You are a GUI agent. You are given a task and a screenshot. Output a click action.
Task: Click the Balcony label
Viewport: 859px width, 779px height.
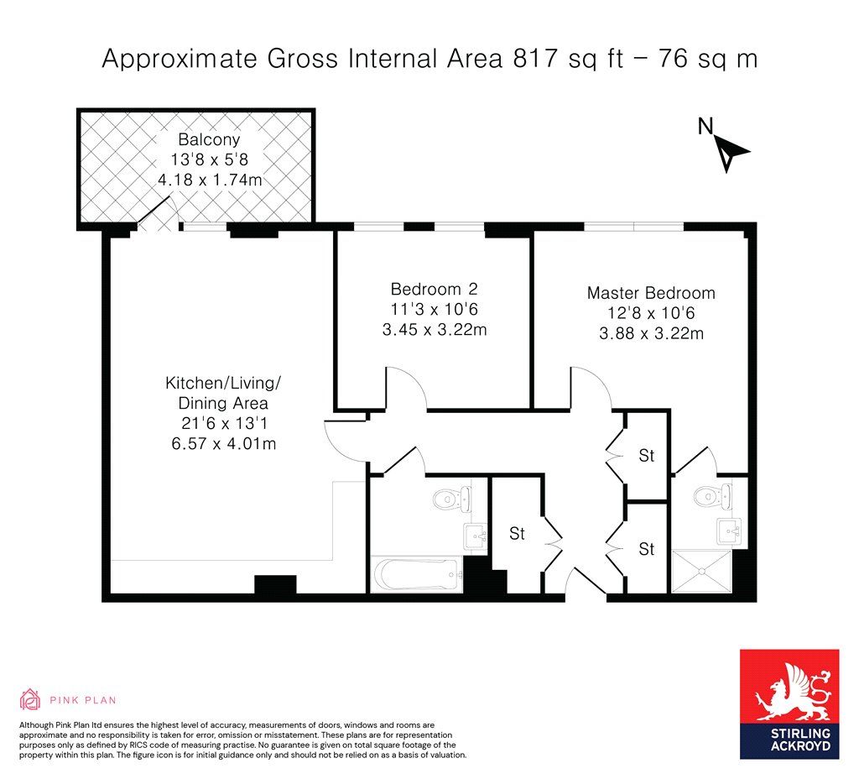(209, 140)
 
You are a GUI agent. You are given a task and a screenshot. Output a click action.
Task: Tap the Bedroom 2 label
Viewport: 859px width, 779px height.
(434, 289)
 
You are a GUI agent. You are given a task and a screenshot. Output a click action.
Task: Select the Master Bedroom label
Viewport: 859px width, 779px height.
(651, 293)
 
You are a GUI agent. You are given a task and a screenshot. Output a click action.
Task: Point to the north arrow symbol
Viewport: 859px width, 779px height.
(731, 154)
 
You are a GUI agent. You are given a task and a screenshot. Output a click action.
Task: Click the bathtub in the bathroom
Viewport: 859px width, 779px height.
(416, 575)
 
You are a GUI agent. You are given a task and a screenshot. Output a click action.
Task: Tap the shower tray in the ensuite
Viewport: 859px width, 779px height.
(702, 571)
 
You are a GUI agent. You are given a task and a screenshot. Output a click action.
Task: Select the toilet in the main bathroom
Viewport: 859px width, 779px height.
(452, 499)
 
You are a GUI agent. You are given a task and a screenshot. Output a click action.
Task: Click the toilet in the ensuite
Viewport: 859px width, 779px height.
(712, 497)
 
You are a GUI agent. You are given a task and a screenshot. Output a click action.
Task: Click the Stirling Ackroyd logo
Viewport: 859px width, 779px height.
(789, 704)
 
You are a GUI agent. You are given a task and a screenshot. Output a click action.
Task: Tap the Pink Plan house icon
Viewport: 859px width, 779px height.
(30, 699)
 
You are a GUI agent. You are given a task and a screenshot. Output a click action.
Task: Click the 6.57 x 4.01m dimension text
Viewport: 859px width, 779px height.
(223, 443)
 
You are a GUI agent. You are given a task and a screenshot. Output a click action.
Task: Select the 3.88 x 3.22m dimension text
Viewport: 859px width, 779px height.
(651, 333)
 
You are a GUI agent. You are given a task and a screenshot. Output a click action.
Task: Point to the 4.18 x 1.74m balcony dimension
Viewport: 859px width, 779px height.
(210, 180)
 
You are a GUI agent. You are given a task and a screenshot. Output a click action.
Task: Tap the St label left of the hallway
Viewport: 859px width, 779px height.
(517, 533)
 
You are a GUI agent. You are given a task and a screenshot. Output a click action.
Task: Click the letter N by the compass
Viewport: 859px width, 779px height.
(705, 127)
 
